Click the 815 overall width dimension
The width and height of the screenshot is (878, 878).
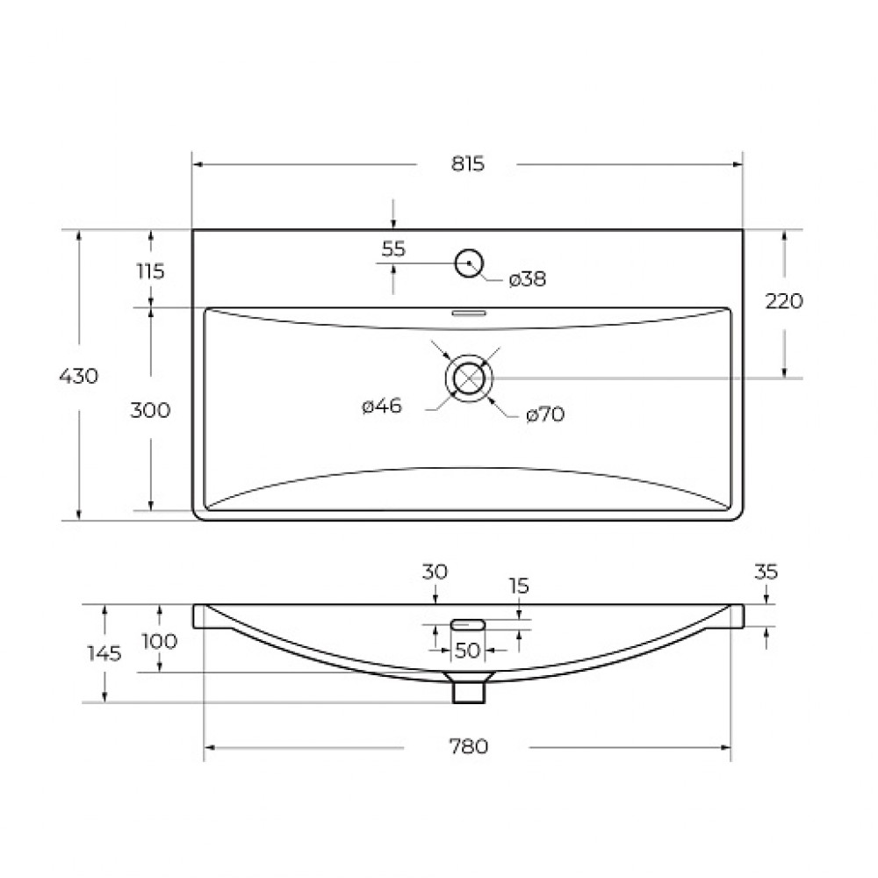point(468,164)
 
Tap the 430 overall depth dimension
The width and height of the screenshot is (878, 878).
point(79,376)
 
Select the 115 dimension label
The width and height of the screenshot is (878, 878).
point(151,271)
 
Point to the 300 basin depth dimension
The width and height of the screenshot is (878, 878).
point(150,410)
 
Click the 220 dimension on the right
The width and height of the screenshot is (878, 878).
point(784,301)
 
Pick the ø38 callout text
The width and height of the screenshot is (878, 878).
point(528,279)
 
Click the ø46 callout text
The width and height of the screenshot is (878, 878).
point(382,406)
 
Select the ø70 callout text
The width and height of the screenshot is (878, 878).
point(545,414)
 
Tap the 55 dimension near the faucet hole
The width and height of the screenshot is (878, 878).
point(393,248)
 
